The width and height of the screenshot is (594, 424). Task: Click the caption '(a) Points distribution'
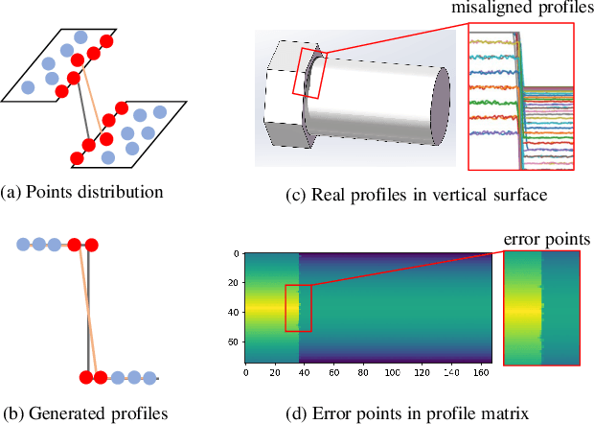82,191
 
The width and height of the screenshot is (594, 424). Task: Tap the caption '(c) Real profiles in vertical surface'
416,196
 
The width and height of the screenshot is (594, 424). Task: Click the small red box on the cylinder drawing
315,76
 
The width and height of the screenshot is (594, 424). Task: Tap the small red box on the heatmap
298,308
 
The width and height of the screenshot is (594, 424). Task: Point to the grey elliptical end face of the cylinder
442,105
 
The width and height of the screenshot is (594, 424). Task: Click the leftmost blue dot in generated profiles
24,245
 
